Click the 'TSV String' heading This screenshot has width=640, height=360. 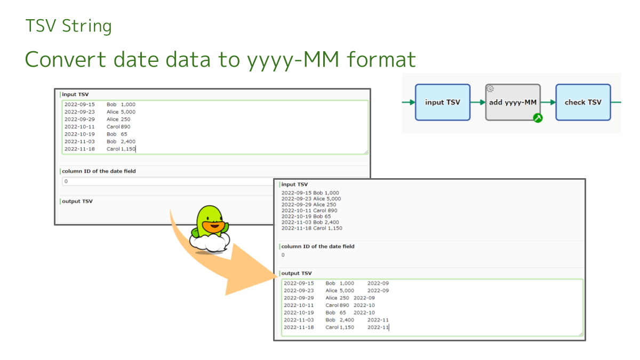pyautogui.click(x=68, y=26)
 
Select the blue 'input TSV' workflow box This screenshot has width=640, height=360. pyautogui.click(x=442, y=102)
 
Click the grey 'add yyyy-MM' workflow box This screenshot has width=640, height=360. pyautogui.click(x=512, y=102)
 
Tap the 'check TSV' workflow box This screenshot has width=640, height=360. pyautogui.click(x=582, y=102)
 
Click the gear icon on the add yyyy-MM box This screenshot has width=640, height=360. pyautogui.click(x=490, y=89)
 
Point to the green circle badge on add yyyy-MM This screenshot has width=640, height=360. pyautogui.click(x=538, y=118)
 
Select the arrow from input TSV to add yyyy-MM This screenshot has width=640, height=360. pyautogui.click(x=478, y=102)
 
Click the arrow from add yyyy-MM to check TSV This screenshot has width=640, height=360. pyautogui.click(x=548, y=102)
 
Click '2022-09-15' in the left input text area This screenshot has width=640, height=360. pyautogui.click(x=79, y=105)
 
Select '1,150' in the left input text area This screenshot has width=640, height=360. pyautogui.click(x=128, y=149)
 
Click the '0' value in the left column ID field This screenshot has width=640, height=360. pyautogui.click(x=66, y=181)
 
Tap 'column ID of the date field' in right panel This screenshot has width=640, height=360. pyautogui.click(x=318, y=246)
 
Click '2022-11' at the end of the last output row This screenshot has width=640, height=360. pyautogui.click(x=378, y=327)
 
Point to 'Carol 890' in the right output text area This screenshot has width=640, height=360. pyautogui.click(x=337, y=306)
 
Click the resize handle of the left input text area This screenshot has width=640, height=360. pyautogui.click(x=365, y=152)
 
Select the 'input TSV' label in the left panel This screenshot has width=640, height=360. pyautogui.click(x=76, y=94)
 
